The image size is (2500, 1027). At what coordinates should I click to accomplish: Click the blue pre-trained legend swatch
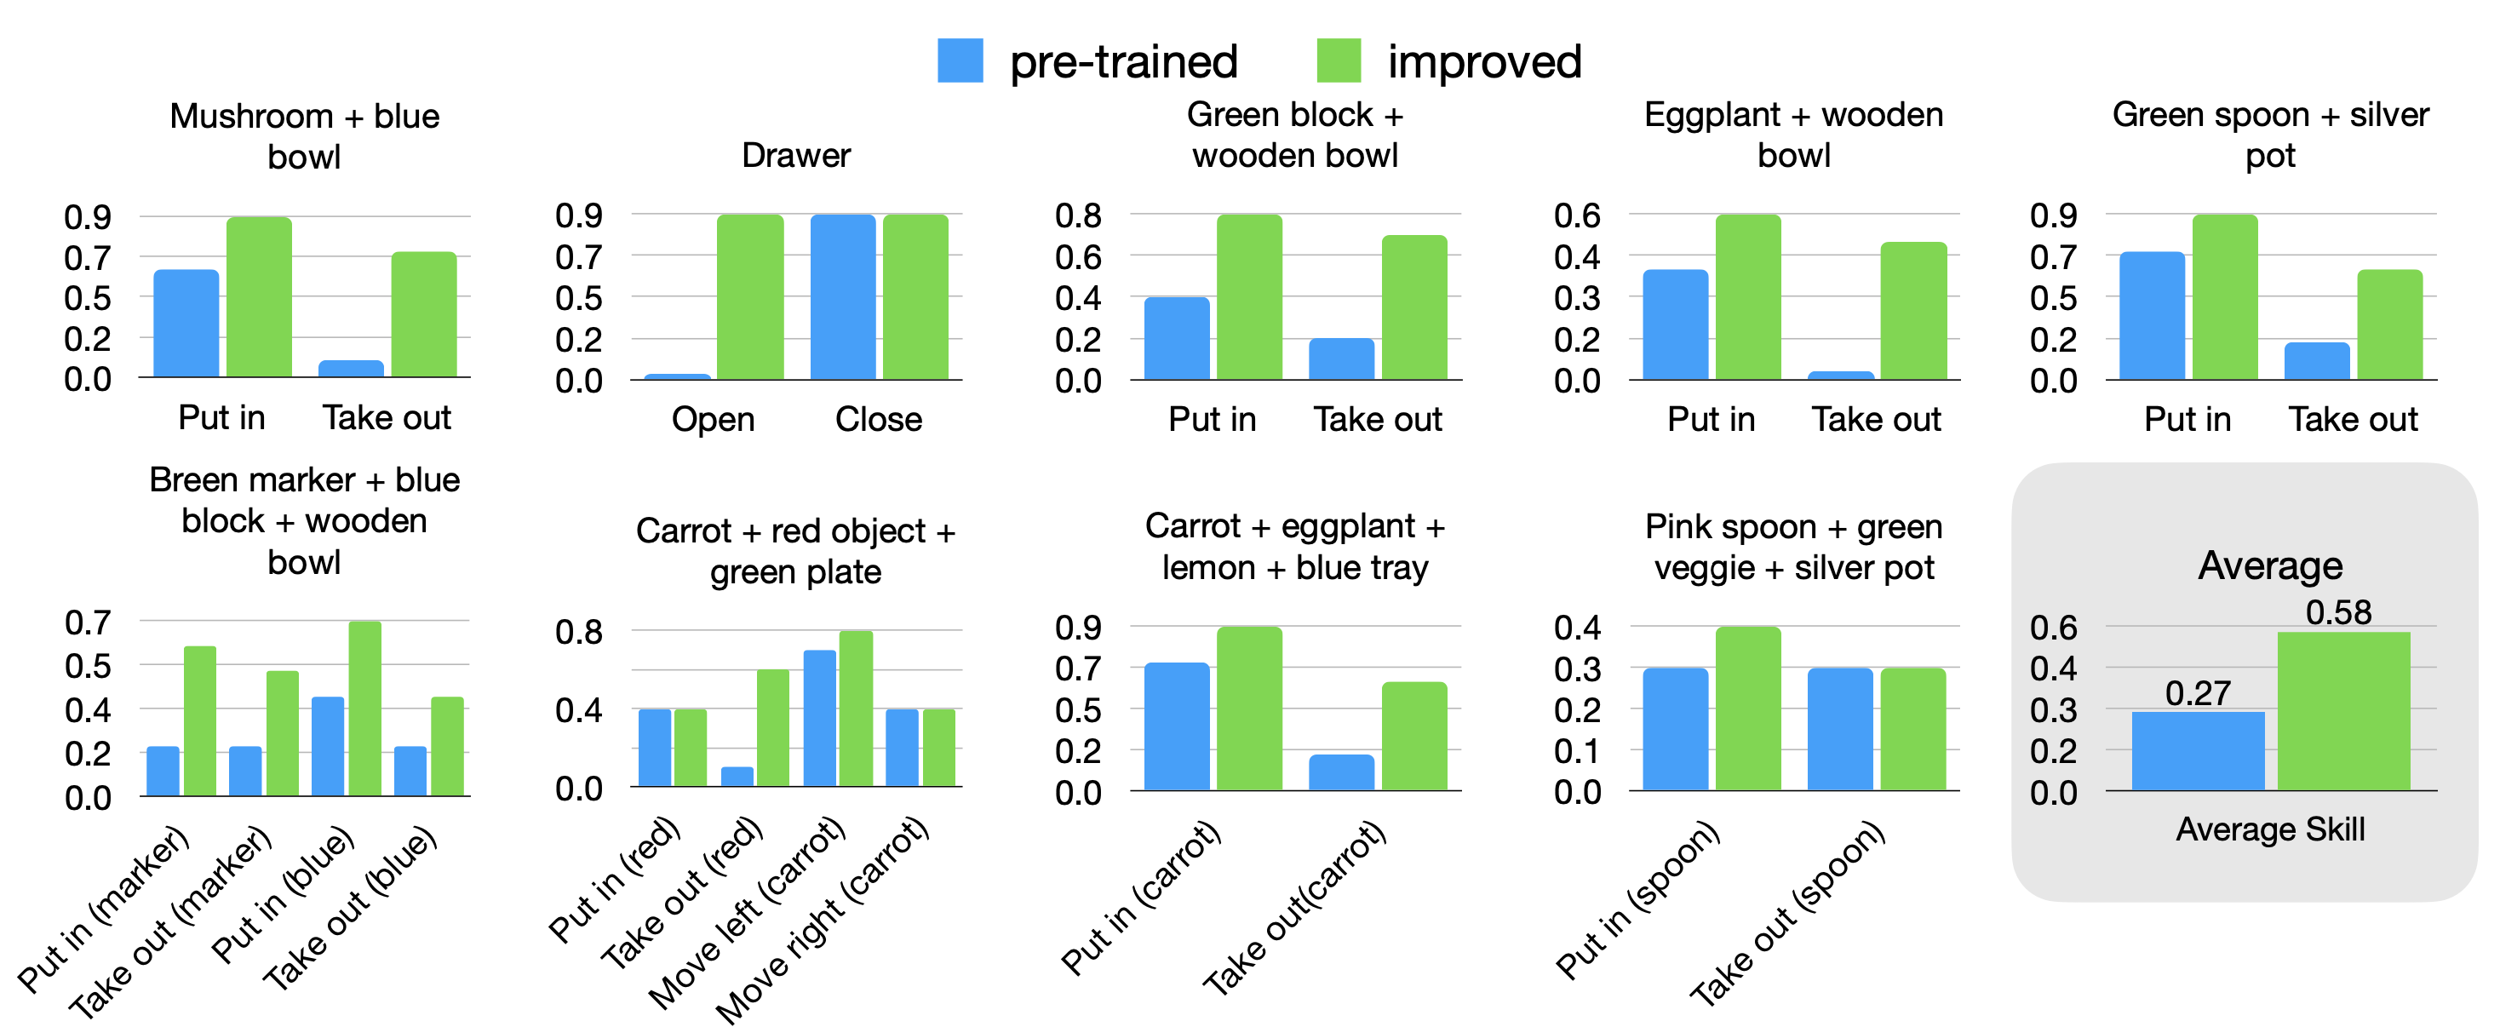960,60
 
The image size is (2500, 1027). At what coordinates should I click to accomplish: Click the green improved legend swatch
1339,60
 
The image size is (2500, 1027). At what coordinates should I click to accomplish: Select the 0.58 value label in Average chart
2338,612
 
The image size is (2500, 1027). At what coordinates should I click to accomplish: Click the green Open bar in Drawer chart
750,296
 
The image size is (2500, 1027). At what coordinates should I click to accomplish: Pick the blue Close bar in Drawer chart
842,296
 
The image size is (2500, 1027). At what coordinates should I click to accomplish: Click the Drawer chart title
796,155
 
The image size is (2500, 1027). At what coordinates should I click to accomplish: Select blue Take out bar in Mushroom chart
352,369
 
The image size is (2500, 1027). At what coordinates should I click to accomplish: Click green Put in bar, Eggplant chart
1748,296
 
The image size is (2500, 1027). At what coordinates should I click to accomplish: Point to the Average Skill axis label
2270,829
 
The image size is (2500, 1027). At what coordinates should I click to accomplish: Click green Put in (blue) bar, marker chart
365,709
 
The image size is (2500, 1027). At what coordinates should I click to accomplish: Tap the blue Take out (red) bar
737,777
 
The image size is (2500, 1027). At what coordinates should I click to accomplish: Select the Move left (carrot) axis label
748,912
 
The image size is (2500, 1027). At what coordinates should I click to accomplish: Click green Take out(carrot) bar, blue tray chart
1414,736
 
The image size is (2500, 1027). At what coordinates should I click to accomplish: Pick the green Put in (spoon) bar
1748,709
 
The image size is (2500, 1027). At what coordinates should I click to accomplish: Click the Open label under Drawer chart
713,419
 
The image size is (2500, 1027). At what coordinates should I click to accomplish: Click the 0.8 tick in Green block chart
1078,215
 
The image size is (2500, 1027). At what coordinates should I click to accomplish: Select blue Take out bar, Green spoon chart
2317,360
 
